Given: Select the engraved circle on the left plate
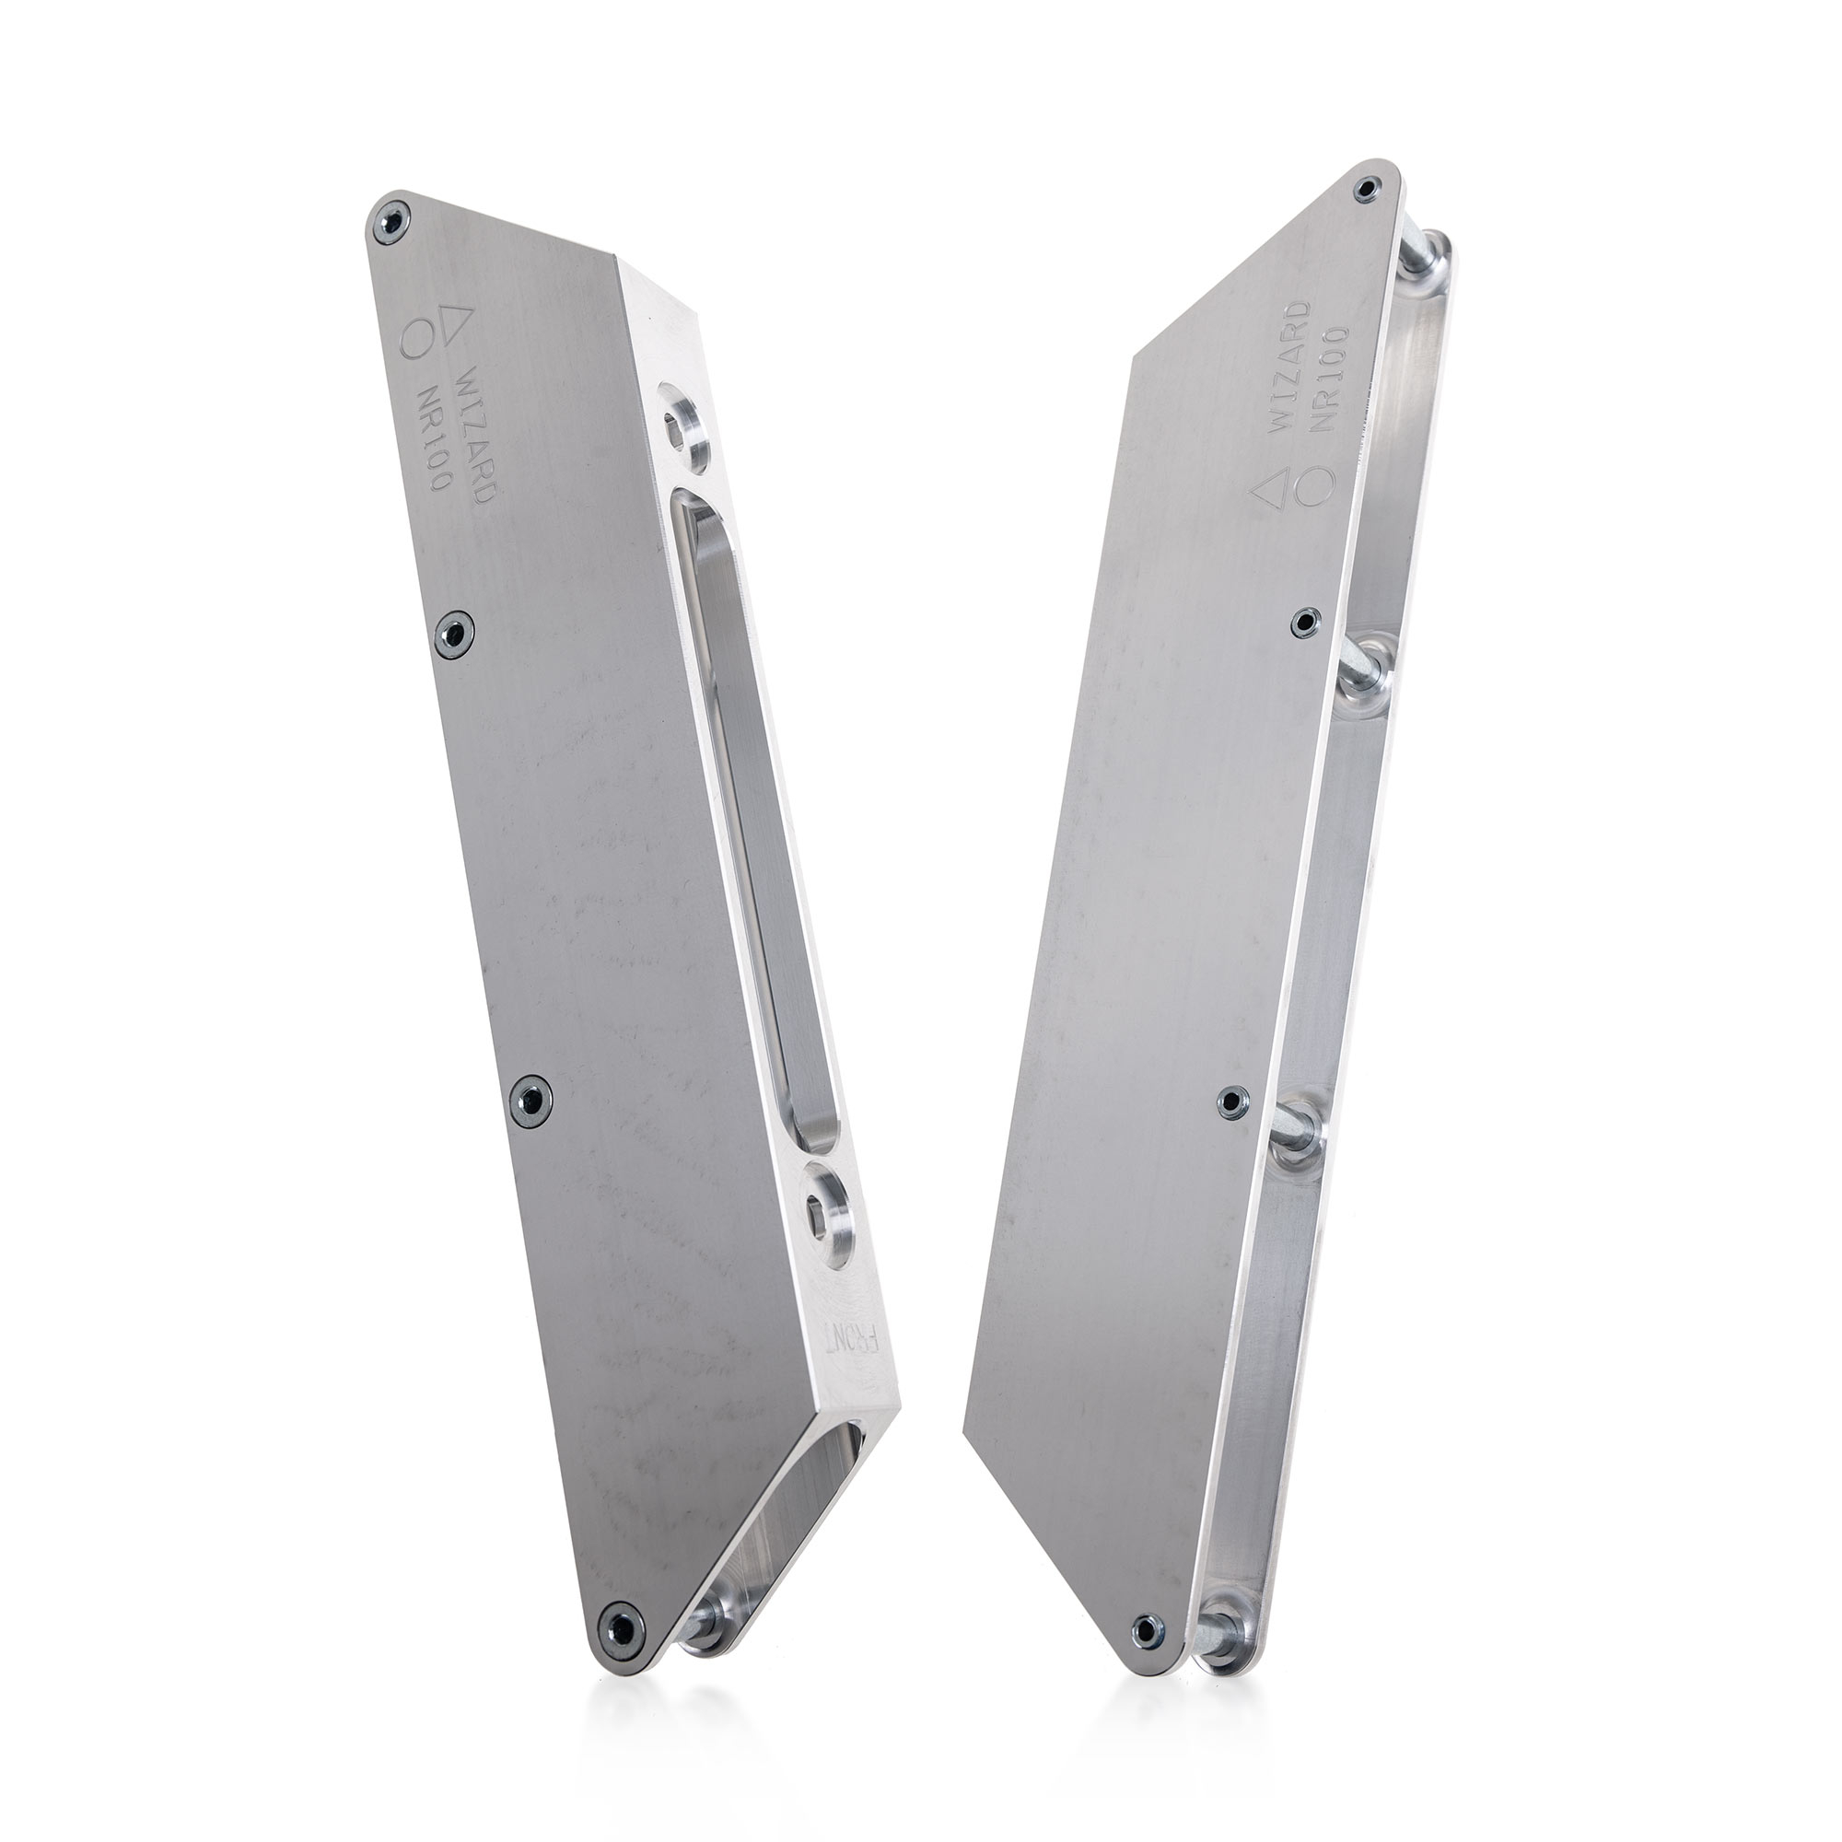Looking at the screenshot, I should click(x=415, y=338).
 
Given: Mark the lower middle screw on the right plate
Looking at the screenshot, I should click(x=1230, y=1102).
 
